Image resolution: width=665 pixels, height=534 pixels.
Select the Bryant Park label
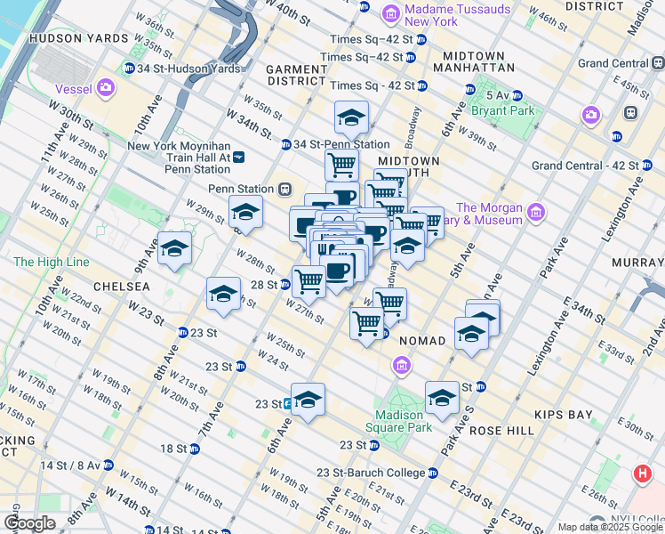503,110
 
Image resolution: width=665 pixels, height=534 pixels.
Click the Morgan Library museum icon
535,212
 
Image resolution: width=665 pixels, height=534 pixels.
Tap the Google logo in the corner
28,523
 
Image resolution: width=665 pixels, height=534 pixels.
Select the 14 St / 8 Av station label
71,465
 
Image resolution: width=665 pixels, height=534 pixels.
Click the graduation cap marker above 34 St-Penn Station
351,117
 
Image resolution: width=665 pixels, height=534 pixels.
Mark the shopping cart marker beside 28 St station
308,280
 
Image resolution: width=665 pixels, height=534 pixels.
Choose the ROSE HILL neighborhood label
501,430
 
